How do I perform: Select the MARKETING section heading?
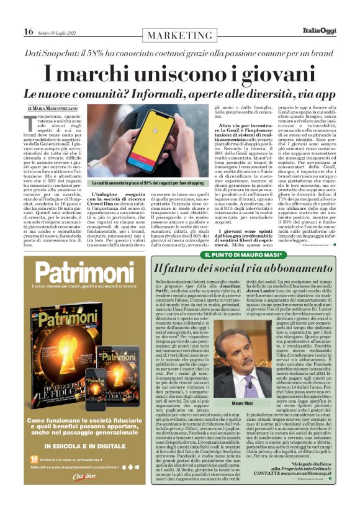coord(180,36)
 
